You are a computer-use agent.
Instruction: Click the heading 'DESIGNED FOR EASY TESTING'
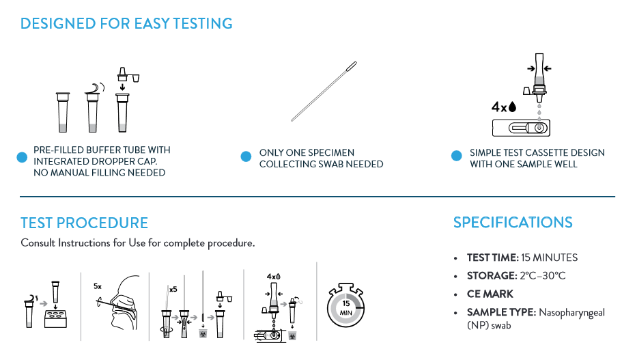(126, 23)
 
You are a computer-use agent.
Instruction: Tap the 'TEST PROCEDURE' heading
(84, 223)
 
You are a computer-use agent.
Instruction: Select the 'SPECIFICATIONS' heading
(513, 222)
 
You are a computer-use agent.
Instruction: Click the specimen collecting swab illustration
(324, 92)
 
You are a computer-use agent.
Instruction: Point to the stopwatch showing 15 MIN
(345, 305)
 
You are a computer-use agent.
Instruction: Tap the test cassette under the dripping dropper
(521, 128)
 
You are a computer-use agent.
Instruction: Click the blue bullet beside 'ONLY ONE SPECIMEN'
(246, 156)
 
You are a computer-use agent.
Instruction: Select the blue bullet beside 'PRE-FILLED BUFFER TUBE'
(22, 158)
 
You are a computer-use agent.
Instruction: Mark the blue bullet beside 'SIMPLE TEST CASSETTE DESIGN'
(457, 156)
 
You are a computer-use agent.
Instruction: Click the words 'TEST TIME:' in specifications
(493, 258)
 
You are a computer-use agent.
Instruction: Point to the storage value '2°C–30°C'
(543, 276)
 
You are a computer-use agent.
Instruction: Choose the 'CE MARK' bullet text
(490, 294)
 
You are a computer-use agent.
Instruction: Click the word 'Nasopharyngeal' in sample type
(571, 313)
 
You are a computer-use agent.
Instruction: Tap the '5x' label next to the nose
(98, 286)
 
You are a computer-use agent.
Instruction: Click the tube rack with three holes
(55, 319)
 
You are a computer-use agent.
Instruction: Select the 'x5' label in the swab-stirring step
(173, 290)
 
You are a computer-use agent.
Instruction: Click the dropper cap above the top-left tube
(128, 74)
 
